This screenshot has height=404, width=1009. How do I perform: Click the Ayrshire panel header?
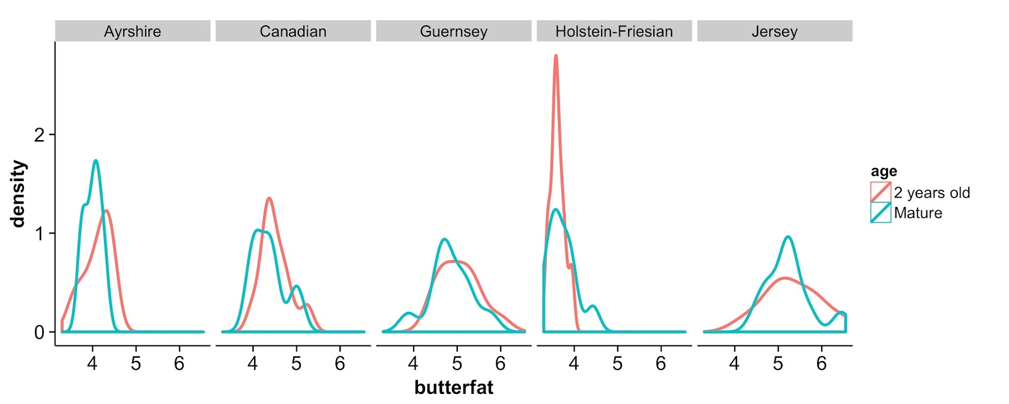coord(132,32)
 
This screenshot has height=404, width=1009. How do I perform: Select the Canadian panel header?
coord(293,32)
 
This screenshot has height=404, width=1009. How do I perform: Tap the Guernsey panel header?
coord(453,32)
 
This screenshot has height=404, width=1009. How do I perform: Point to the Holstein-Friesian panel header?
coord(614,32)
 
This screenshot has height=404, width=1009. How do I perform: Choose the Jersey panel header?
coord(774,32)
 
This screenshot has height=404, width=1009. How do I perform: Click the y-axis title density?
coord(18,193)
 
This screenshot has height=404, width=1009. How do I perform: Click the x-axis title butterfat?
coord(453,387)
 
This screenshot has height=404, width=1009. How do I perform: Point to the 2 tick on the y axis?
coord(40,135)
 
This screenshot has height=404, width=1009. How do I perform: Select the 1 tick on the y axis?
coord(40,234)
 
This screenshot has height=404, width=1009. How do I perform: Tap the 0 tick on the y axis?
coord(40,332)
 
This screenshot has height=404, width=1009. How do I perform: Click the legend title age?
coord(884,172)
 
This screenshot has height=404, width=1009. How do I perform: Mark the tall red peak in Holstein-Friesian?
coord(556,56)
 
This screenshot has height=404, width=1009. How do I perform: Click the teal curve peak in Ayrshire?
coord(95,161)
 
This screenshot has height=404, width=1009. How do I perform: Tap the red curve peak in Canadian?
coord(269,198)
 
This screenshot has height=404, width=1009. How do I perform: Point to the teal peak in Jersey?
coord(788,237)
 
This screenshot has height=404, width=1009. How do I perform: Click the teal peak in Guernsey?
coord(445,239)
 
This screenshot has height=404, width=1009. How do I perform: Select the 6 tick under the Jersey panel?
coord(821,364)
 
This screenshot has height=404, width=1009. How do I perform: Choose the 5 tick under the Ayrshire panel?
coord(136,364)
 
